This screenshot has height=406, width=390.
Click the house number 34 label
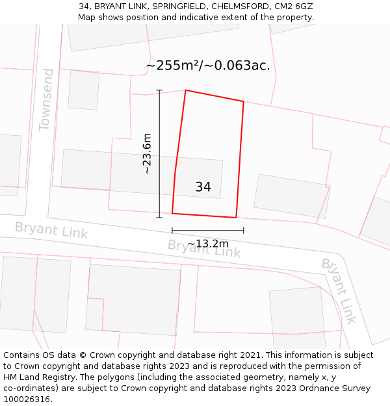click(x=203, y=187)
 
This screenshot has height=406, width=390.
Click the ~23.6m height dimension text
click(x=147, y=154)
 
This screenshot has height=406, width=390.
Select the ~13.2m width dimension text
click(x=208, y=244)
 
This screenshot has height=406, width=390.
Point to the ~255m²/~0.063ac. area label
click(x=207, y=66)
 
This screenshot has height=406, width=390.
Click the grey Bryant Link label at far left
click(x=51, y=230)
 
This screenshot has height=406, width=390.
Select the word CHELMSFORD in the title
click(x=240, y=6)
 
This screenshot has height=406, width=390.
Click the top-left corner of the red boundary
click(x=186, y=90)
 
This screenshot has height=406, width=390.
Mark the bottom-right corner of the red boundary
click(x=236, y=218)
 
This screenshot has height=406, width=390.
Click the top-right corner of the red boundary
click(x=244, y=102)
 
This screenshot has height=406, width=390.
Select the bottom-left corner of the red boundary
click(x=172, y=213)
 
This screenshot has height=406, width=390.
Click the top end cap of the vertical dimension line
click(x=159, y=90)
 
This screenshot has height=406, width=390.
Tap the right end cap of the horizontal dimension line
click(x=244, y=230)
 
